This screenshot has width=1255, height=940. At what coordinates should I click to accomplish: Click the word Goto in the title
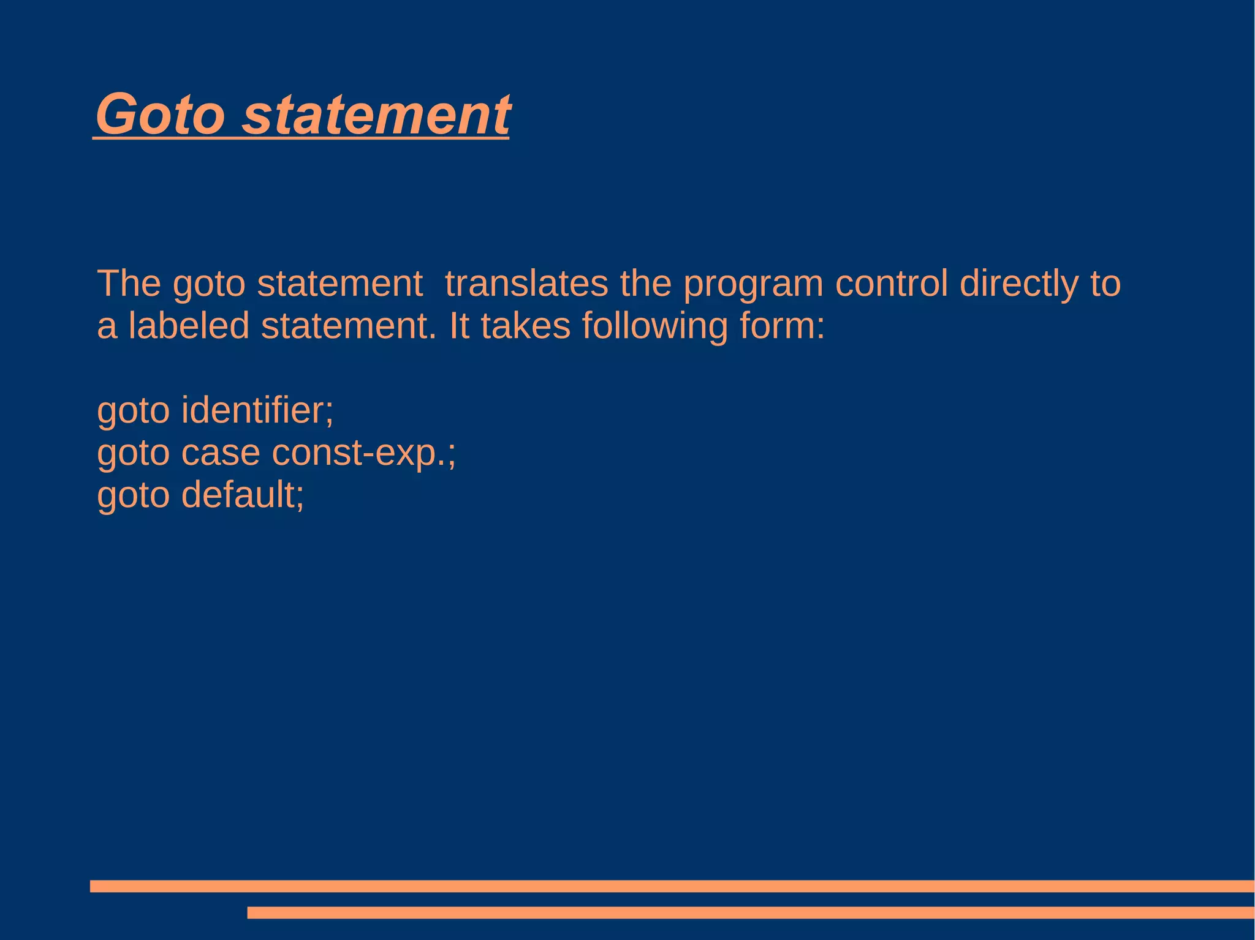[x=161, y=114]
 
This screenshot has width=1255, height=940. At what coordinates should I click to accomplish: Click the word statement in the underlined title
[x=376, y=114]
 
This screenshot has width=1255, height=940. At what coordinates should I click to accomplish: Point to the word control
[x=892, y=284]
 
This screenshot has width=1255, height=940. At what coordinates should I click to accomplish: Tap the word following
[x=654, y=326]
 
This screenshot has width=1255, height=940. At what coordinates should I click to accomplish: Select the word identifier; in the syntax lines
[x=257, y=410]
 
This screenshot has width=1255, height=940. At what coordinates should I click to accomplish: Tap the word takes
[x=525, y=325]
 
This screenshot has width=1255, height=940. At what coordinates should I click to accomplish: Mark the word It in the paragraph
[x=458, y=325]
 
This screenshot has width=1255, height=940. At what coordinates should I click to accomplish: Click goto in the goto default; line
[x=133, y=496]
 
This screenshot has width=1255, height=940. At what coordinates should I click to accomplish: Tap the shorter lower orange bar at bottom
[x=750, y=912]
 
